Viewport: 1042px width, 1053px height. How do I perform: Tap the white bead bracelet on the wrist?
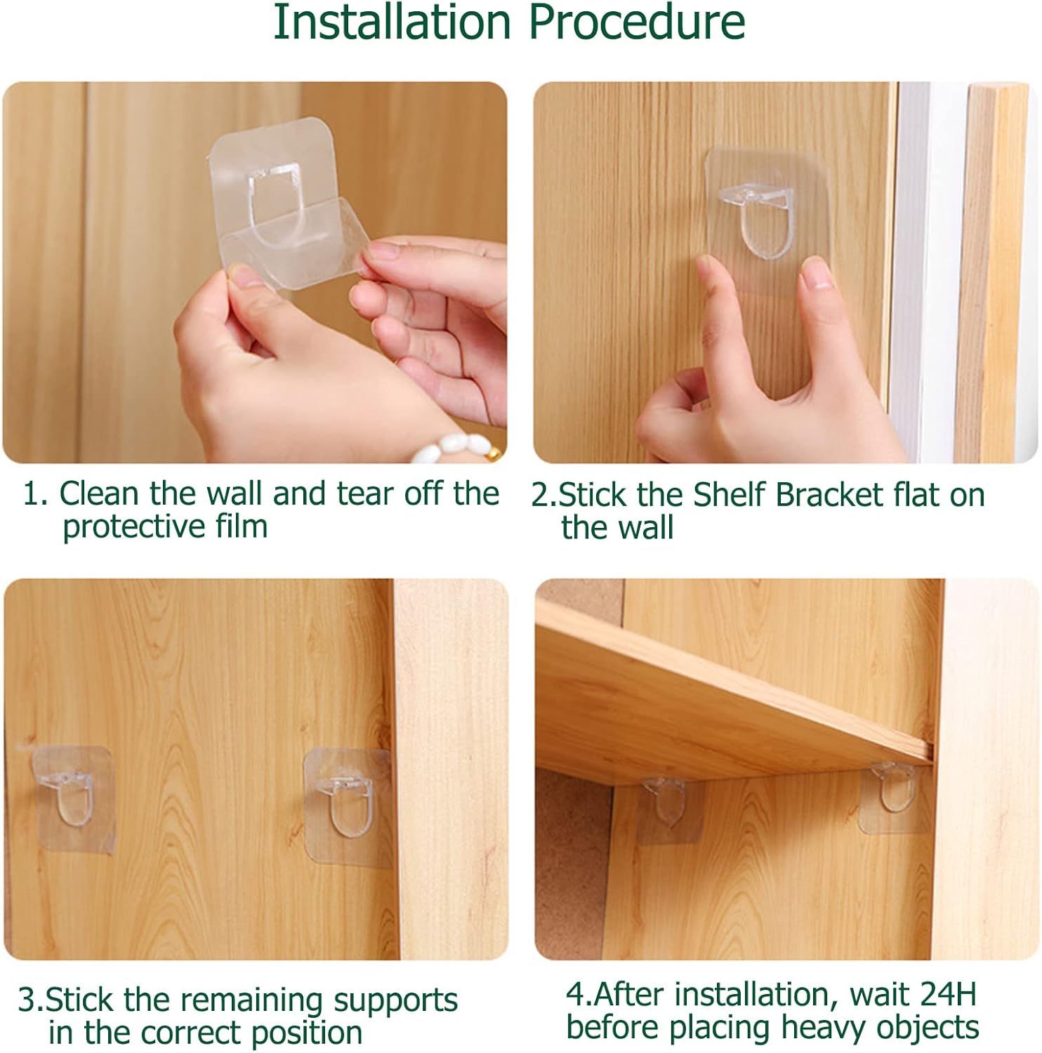pyautogui.click(x=456, y=447)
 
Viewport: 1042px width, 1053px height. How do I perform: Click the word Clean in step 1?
pyautogui.click(x=98, y=494)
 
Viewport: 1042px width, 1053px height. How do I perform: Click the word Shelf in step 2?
pyautogui.click(x=730, y=495)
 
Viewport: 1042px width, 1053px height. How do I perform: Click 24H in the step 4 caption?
pyautogui.click(x=948, y=995)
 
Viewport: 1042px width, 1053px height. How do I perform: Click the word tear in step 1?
pyautogui.click(x=365, y=494)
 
